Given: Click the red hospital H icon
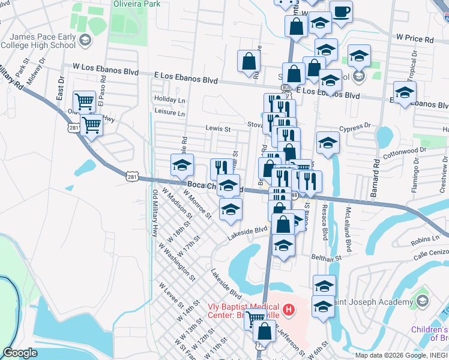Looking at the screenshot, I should click(289, 310).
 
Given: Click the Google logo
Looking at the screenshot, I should click(20, 353).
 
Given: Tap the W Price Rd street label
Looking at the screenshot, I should click(415, 38).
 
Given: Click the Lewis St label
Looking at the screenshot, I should click(218, 128).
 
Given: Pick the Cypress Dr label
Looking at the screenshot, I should click(355, 128).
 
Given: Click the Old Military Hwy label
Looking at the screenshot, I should click(154, 213).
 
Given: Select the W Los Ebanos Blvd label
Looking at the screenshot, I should click(105, 70).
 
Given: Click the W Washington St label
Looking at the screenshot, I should click(176, 262).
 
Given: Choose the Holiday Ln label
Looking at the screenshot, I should click(169, 99).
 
